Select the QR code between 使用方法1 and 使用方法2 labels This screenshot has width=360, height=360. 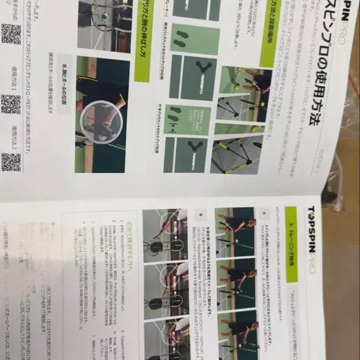[11, 104]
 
